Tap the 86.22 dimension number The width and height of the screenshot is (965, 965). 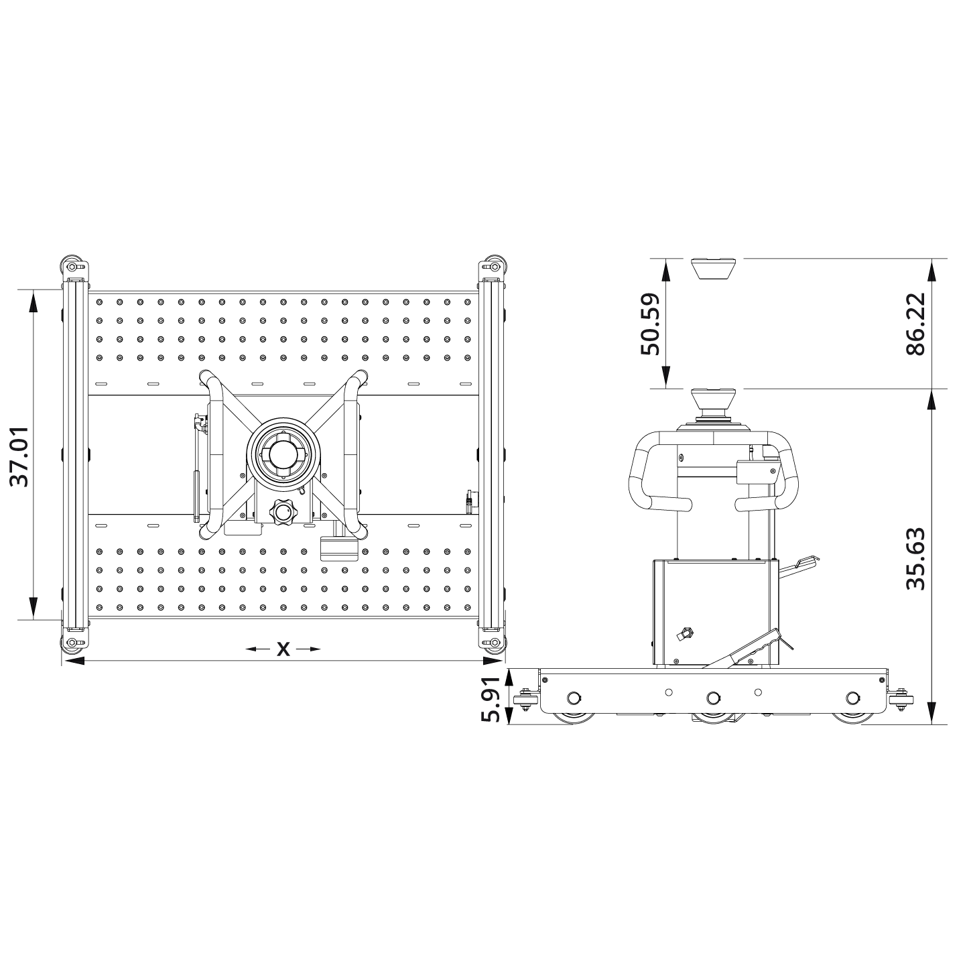tap(915, 324)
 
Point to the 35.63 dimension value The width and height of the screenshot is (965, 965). tap(915, 560)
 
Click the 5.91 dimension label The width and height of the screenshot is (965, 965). tap(491, 698)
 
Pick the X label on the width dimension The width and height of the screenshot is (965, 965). tap(283, 649)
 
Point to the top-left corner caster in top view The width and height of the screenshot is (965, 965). tap(72, 267)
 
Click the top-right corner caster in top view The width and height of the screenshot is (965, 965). tap(494, 267)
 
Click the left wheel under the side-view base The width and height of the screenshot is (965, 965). tap(573, 717)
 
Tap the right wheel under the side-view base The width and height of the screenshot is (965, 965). tap(852, 717)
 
